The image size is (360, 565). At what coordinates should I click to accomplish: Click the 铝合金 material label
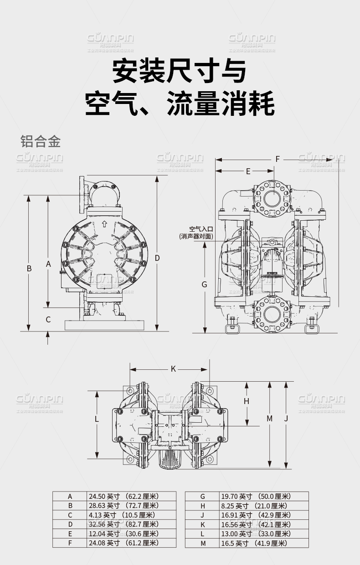[x=41, y=141]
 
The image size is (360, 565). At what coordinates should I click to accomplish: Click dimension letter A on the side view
[x=48, y=264]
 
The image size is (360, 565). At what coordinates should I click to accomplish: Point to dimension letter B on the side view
[x=29, y=268]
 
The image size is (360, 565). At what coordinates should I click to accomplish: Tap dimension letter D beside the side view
[x=157, y=258]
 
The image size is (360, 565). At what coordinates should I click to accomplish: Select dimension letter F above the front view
[x=278, y=159]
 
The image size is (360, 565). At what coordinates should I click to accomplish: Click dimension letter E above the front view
[x=248, y=171]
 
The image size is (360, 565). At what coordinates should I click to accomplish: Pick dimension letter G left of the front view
[x=205, y=284]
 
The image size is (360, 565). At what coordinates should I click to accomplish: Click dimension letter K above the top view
[x=173, y=368]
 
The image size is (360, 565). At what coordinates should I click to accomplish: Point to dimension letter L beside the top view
[x=97, y=418]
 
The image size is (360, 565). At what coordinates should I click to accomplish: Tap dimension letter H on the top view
[x=247, y=401]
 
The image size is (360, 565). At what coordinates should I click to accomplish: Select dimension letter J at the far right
[x=286, y=418]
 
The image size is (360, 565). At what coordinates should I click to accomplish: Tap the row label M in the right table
[x=203, y=543]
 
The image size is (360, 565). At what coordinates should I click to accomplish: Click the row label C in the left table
[x=70, y=515]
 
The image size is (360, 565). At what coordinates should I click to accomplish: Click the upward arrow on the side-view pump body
[x=104, y=224]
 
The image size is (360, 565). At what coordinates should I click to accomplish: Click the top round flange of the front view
[x=272, y=198]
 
